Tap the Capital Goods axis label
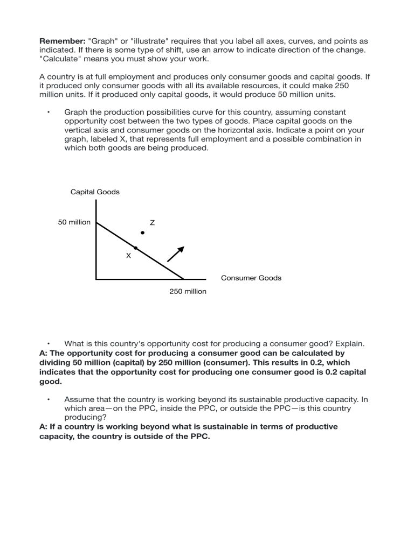95,192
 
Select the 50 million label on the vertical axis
74,222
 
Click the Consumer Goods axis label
251,278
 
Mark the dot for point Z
142,233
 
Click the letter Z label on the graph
152,222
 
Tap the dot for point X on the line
136,248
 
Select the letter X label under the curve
128,256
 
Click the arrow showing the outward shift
176,254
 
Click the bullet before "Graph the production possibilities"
49,112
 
